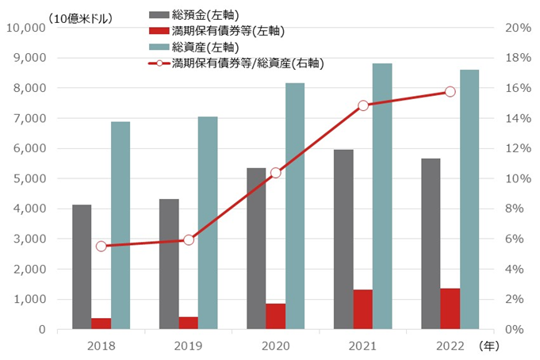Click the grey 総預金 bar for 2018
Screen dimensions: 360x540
click(82, 266)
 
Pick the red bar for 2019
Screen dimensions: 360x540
click(188, 323)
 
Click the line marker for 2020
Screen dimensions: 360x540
click(275, 173)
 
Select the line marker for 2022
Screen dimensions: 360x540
click(450, 92)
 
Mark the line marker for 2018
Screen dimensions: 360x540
click(101, 247)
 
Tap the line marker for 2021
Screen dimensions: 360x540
click(363, 105)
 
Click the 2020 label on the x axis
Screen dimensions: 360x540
click(275, 346)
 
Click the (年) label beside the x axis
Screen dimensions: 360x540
click(489, 346)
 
